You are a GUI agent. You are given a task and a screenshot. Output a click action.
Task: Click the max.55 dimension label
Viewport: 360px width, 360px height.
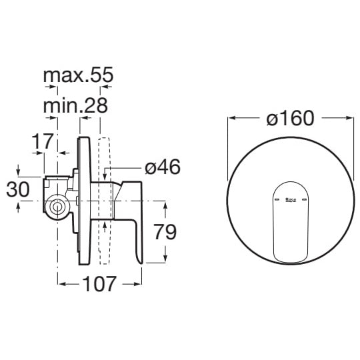pos(78,75)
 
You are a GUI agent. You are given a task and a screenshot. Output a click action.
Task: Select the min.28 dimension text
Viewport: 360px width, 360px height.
pos(75,105)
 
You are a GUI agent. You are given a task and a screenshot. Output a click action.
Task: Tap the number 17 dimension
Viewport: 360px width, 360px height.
pos(43,141)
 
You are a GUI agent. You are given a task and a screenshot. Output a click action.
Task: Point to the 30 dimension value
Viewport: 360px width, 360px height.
pos(18,189)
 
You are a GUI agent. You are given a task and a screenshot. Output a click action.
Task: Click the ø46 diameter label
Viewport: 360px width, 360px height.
pos(163,167)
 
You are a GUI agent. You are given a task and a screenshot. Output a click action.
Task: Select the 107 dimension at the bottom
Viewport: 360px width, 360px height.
pos(99,284)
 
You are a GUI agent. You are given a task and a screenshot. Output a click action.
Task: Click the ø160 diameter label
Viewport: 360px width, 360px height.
pos(290,118)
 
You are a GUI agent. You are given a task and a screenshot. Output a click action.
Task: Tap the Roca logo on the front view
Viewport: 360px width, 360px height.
pos(291,200)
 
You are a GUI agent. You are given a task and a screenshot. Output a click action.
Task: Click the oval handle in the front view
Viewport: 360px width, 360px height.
pos(291,222)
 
